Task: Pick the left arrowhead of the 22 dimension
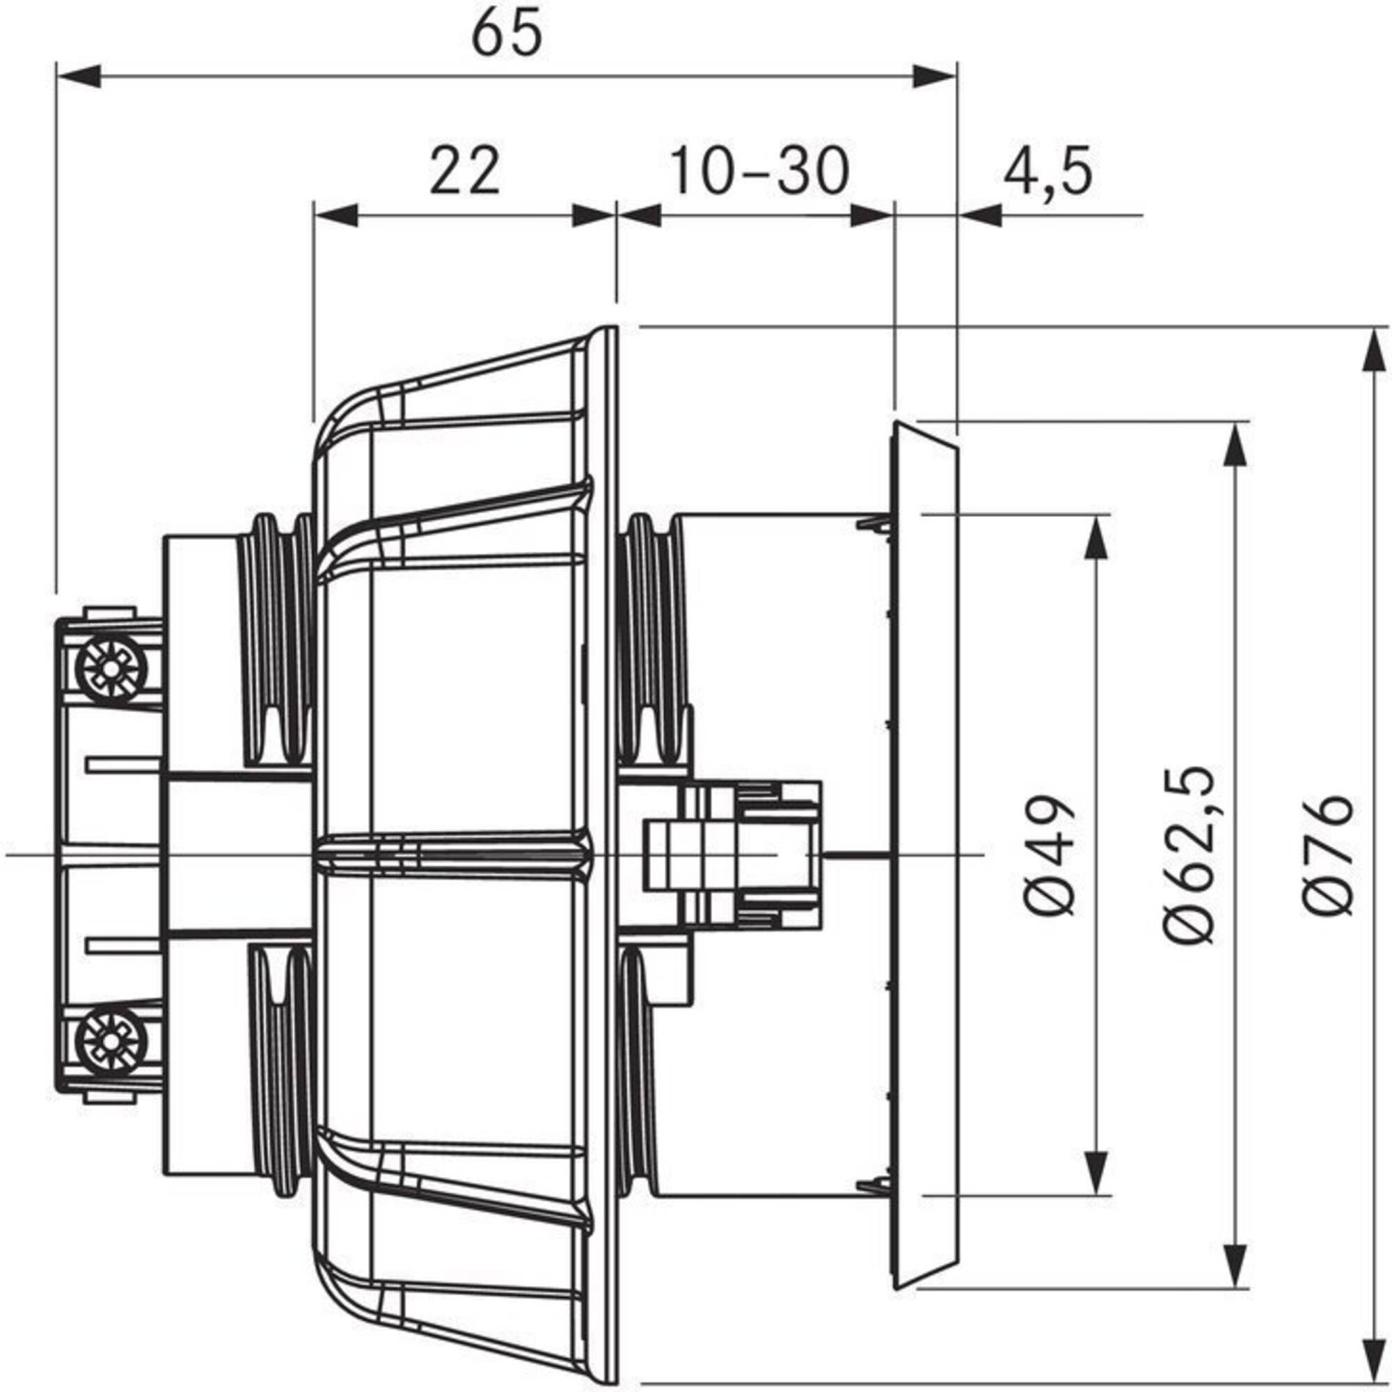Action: [x=335, y=214]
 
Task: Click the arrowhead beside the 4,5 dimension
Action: [x=980, y=214]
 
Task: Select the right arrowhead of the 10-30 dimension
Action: [x=871, y=214]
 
